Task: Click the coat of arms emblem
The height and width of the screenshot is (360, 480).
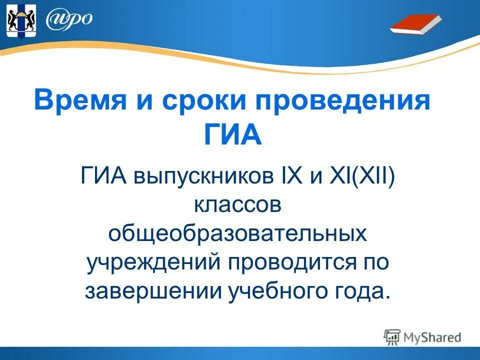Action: (20, 20)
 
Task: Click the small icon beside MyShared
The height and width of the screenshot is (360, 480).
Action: (392, 337)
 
